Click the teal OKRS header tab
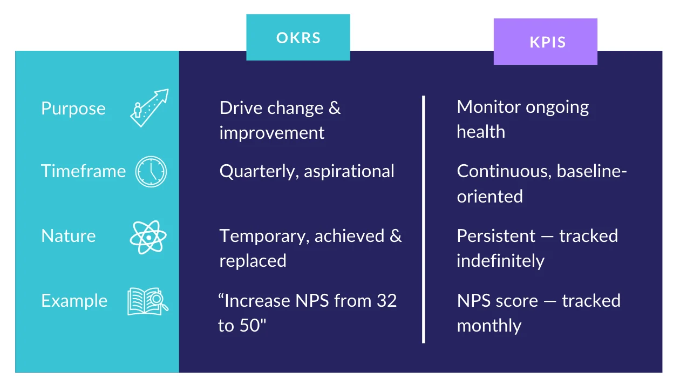click(x=298, y=37)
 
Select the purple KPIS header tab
click(x=545, y=42)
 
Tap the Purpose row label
click(x=73, y=108)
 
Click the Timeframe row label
click(x=83, y=171)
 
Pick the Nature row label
click(x=69, y=236)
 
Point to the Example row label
click(x=74, y=301)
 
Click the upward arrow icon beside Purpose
click(x=149, y=108)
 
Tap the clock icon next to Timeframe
click(x=151, y=172)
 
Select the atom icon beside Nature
click(x=148, y=237)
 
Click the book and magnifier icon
click(x=148, y=301)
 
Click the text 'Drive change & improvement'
click(x=280, y=120)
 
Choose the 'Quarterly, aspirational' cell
click(x=307, y=171)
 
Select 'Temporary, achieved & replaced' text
click(x=310, y=248)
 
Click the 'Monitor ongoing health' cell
click(x=522, y=119)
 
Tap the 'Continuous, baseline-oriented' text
click(x=542, y=184)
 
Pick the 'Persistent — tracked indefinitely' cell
click(x=537, y=248)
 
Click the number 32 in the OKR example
click(x=386, y=300)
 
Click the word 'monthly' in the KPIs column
click(x=489, y=326)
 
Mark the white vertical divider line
click(x=424, y=219)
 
